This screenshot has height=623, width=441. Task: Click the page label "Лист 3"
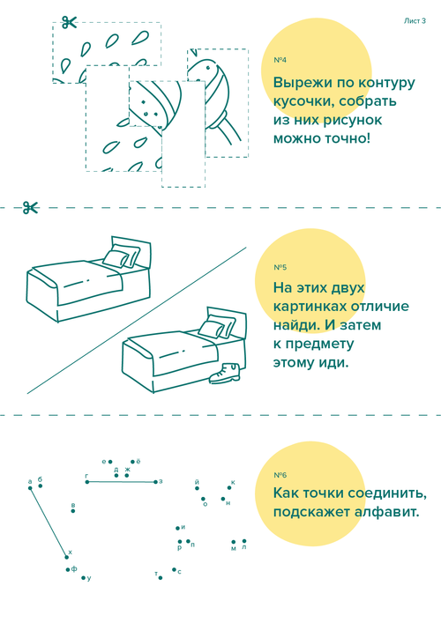pyautogui.click(x=415, y=21)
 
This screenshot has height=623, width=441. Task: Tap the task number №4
pyautogui.click(x=280, y=60)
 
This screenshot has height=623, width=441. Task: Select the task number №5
pyautogui.click(x=280, y=267)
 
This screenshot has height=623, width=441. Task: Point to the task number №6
pyautogui.click(x=280, y=475)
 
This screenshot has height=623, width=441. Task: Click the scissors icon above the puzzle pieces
pyautogui.click(x=69, y=22)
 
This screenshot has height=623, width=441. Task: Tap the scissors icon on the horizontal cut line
pyautogui.click(x=31, y=207)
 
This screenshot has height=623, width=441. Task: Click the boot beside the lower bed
pyautogui.click(x=225, y=373)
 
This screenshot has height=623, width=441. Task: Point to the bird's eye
pyautogui.click(x=207, y=67)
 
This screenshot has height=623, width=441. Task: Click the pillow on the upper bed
pyautogui.click(x=121, y=256)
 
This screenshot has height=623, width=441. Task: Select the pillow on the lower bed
pyautogui.click(x=216, y=326)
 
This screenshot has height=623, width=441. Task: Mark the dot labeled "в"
pyautogui.click(x=73, y=511)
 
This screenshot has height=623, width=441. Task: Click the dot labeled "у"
pyautogui.click(x=83, y=578)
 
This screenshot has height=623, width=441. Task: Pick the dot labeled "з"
pyautogui.click(x=155, y=482)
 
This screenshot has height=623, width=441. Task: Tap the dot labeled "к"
pyautogui.click(x=229, y=487)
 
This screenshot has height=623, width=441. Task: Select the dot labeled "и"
pyautogui.click(x=177, y=529)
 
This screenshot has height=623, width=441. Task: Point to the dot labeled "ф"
pyautogui.click(x=68, y=570)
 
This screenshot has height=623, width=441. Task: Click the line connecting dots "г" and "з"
pyautogui.click(x=122, y=482)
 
